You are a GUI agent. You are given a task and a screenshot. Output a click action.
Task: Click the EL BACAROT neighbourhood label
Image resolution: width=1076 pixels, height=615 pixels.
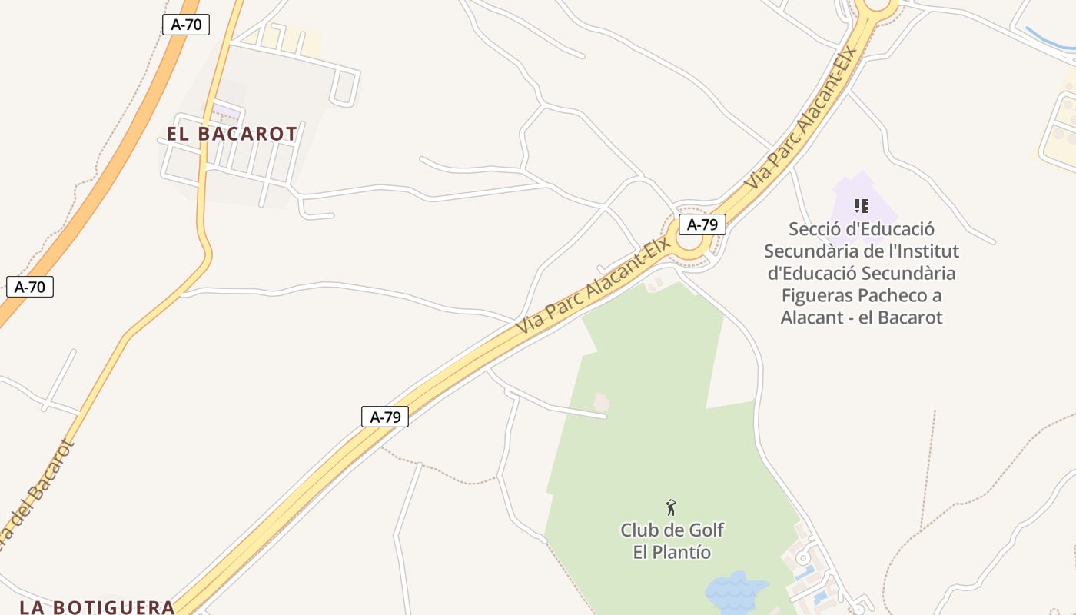(232, 134)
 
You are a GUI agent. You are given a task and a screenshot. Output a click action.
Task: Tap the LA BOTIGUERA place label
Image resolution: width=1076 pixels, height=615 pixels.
(98, 607)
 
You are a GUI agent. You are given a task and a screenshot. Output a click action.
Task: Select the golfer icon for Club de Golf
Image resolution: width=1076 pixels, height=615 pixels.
(671, 507)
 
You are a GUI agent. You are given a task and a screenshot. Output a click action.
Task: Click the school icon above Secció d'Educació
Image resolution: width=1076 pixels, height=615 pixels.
(862, 205)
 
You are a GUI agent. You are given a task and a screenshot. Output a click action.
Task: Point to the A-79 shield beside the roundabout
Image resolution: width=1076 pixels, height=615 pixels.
(702, 224)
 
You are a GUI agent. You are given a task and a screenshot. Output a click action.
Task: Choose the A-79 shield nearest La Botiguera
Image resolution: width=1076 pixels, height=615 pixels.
(385, 417)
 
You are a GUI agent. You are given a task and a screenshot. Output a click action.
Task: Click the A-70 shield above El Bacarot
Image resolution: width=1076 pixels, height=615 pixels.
(186, 24)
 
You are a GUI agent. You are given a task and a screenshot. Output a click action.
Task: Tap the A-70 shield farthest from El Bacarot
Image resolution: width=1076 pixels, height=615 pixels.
(30, 288)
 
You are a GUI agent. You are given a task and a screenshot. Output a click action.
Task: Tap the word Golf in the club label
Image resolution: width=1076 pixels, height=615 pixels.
(706, 530)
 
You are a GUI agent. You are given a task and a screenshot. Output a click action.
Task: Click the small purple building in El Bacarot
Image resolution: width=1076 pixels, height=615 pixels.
(226, 112)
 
